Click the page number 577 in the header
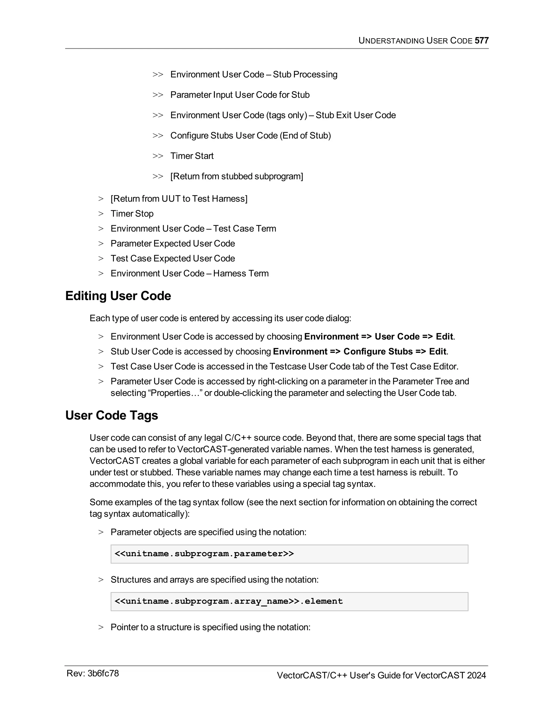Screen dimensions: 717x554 coord(482,40)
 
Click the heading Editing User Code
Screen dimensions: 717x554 coord(118,296)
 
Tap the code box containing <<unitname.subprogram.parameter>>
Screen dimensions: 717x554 coord(289,554)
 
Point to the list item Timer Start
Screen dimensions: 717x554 coord(192,156)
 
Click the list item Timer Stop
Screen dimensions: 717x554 coord(132,214)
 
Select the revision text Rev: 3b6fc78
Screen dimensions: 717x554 coord(93,673)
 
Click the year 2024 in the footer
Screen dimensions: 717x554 coord(476,675)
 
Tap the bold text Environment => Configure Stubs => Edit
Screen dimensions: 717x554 coord(360,352)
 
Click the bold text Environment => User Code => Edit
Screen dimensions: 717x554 coord(378,337)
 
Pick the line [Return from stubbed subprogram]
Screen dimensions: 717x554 coord(237,176)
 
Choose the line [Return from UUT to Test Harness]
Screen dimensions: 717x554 coord(179,199)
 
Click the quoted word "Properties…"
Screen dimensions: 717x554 coord(174,393)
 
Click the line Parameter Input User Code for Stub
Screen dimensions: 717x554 coord(240,95)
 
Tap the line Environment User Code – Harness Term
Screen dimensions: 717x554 coord(189,274)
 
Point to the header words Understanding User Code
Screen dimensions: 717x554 coord(415,40)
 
